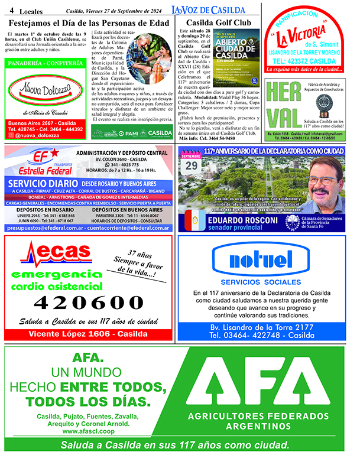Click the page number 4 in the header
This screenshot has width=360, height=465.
[x=12, y=10]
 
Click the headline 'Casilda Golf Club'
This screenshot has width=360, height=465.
[x=218, y=23]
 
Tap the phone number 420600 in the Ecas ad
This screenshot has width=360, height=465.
[x=89, y=302]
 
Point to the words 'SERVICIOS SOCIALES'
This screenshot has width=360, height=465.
[x=262, y=282]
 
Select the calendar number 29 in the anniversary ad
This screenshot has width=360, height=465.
[x=192, y=166]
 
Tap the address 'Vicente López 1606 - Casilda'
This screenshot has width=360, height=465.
[x=89, y=334]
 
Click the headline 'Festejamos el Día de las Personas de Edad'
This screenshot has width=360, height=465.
[x=89, y=23]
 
